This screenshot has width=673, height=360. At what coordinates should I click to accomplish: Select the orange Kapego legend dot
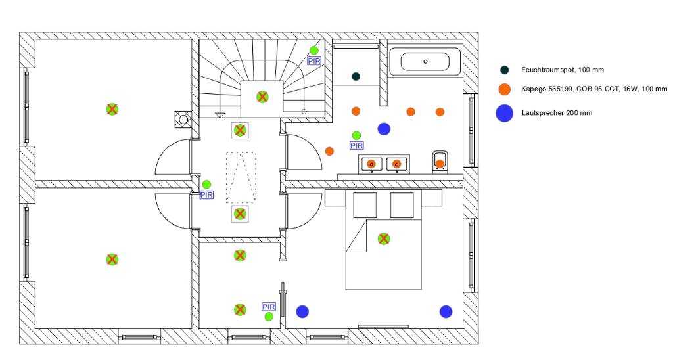coord(504,89)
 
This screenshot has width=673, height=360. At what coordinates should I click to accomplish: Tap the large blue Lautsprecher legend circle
coord(504,113)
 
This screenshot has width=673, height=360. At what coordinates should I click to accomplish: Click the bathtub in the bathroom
coord(425,62)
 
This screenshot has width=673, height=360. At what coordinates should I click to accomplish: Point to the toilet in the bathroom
coord(440,162)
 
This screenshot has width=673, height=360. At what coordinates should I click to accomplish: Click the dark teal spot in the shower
coord(356,76)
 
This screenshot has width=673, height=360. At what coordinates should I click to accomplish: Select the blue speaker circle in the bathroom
coord(384,128)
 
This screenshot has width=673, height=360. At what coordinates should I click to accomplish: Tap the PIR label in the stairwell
coord(315,60)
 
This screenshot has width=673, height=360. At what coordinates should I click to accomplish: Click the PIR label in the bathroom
coord(356,145)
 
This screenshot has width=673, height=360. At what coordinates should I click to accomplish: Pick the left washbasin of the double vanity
coord(371,163)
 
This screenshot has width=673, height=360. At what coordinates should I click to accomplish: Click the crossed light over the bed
coord(384,238)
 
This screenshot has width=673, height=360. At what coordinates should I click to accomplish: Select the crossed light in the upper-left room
coord(112,109)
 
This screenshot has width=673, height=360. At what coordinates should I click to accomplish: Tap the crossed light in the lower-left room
coord(112,259)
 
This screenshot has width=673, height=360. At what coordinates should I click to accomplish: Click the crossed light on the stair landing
coord(262,97)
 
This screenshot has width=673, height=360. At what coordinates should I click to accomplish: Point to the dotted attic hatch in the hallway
coord(241,177)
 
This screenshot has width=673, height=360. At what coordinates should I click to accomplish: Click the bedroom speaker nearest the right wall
coord(446,311)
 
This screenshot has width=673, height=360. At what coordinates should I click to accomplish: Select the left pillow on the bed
coord(365,205)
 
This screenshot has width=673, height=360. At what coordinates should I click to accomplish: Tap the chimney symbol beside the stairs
coord(183,120)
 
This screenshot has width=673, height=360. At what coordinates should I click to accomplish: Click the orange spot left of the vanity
coord(329,151)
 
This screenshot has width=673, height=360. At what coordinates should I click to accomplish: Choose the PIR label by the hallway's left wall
coord(206,194)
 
